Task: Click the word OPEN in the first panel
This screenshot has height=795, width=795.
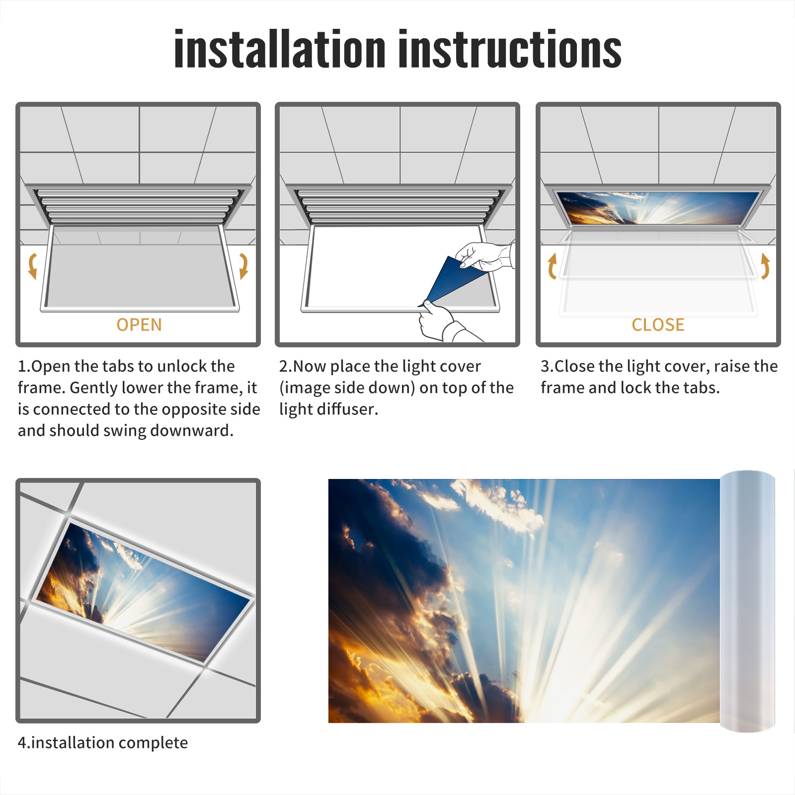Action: pos(139,324)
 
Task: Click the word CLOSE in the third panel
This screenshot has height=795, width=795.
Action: pos(658,324)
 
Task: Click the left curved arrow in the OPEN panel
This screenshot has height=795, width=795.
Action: pos(32,266)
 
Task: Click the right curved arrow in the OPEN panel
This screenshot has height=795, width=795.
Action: pos(243,266)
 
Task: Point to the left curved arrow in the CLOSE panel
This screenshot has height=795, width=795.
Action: pos(552,266)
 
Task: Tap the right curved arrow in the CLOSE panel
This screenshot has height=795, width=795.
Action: pos(765,266)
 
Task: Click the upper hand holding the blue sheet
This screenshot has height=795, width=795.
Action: pos(484,256)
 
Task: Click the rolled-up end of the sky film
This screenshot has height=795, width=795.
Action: pos(747,601)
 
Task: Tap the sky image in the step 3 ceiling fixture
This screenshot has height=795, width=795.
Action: pos(658,208)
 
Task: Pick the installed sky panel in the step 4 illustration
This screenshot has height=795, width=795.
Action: pos(143,591)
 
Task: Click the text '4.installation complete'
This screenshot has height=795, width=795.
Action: pos(103,742)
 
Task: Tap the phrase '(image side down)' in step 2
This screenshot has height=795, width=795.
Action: pos(347,388)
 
